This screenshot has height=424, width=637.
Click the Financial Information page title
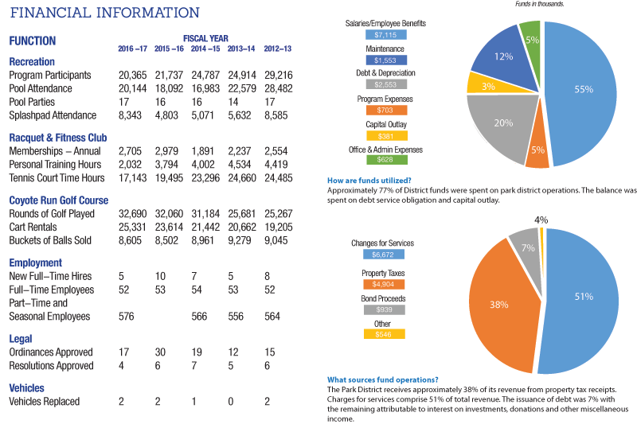coord(104,13)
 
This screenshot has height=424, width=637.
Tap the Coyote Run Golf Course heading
coord(58,200)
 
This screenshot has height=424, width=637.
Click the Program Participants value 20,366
coord(132,75)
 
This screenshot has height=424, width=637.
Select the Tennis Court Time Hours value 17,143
coord(132,177)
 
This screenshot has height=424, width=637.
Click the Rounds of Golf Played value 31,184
coord(205,215)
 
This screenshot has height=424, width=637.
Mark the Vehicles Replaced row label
coord(45,402)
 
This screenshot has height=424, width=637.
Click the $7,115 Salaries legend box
coord(385,35)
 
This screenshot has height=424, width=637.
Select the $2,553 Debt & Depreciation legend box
coord(385,84)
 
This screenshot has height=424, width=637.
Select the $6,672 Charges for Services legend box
coord(385,255)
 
